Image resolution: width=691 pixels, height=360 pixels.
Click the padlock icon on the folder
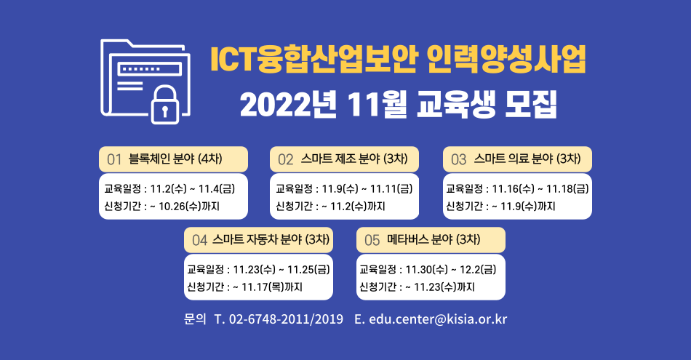[165, 105]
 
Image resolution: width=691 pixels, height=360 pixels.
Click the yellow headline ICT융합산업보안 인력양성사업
[398, 59]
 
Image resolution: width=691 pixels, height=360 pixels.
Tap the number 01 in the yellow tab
[114, 159]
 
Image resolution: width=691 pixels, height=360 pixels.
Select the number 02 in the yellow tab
[286, 159]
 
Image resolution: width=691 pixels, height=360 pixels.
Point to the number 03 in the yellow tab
[458, 159]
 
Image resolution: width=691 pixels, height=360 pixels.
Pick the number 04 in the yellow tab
[199, 240]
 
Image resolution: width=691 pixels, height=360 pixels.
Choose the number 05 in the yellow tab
[372, 240]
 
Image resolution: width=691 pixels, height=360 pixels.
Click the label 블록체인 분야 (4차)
[175, 159]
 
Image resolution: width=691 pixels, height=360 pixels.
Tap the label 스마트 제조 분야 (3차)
[354, 159]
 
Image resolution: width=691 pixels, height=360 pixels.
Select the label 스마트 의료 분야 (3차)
[527, 159]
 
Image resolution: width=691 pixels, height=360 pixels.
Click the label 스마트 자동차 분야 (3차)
[271, 239]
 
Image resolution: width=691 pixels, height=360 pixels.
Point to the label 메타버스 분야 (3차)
[434, 239]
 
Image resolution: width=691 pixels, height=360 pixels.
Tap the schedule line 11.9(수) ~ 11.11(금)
[367, 188]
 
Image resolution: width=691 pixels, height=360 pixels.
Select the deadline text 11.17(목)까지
[272, 287]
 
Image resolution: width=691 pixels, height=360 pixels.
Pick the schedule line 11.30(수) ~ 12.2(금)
[451, 269]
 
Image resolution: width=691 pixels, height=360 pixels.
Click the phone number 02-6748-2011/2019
[286, 319]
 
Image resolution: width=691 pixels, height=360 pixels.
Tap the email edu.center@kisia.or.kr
[438, 319]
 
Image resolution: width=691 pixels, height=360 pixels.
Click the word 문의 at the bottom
[195, 319]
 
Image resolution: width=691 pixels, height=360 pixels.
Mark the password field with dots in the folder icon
[149, 69]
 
